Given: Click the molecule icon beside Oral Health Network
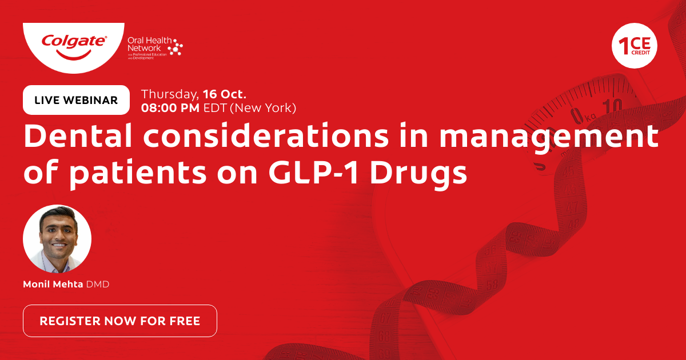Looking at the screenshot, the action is pyautogui.click(x=176, y=47).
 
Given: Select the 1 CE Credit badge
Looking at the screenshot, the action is pyautogui.click(x=634, y=46).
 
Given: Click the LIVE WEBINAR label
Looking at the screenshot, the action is pyautogui.click(x=76, y=100).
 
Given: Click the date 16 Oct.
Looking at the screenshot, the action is pyautogui.click(x=225, y=94).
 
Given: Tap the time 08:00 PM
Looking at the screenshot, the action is pyautogui.click(x=170, y=108).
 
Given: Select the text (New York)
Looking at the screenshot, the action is pyautogui.click(x=263, y=108).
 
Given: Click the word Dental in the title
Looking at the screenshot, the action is pyautogui.click(x=78, y=135).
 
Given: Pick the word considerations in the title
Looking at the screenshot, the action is pyautogui.click(x=266, y=135).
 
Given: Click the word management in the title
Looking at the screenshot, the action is pyautogui.click(x=549, y=138).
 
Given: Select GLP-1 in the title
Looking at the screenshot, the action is pyautogui.click(x=313, y=173).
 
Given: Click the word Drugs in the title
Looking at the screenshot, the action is pyautogui.click(x=418, y=174).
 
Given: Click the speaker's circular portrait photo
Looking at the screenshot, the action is pyautogui.click(x=57, y=239).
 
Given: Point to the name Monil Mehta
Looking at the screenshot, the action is pyautogui.click(x=53, y=285).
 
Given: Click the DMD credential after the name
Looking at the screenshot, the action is pyautogui.click(x=98, y=285).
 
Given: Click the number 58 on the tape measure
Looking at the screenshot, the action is pyautogui.click(x=492, y=285).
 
